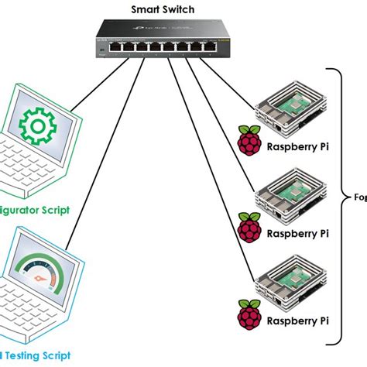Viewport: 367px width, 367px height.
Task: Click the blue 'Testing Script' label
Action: pyautogui.click(x=35, y=358)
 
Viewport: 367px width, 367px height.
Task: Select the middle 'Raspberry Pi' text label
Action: pyautogui.click(x=297, y=232)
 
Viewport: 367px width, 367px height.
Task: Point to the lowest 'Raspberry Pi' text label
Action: pyautogui.click(x=297, y=319)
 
